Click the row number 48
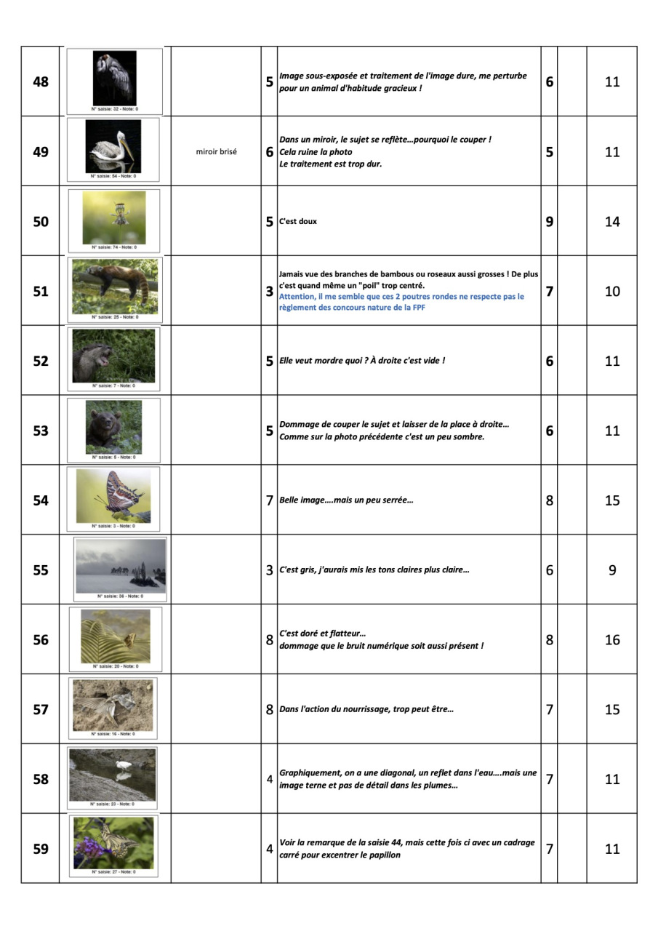point(41,81)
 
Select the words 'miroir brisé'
point(216,152)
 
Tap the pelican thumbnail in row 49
point(113,146)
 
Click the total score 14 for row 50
point(612,222)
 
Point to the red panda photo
point(115,286)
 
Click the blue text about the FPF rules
point(401,301)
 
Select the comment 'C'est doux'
point(298,222)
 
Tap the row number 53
point(41,431)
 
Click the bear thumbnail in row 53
point(113,426)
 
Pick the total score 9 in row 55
point(612,570)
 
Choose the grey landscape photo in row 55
point(120,566)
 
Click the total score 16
point(612,640)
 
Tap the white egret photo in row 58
point(112,775)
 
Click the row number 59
point(41,849)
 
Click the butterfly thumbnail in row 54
point(113,496)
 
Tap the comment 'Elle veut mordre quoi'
point(361,361)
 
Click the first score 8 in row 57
point(269,710)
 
